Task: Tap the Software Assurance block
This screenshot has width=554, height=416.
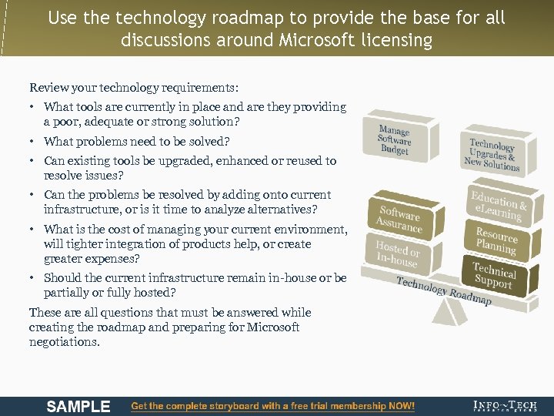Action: (399, 220)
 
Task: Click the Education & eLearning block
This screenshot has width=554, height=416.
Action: (499, 205)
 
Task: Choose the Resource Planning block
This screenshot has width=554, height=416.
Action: (496, 240)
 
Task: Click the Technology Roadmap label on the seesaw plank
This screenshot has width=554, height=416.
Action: (443, 290)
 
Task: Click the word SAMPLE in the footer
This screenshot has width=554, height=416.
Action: (78, 406)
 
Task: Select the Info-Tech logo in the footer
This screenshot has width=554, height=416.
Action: (505, 406)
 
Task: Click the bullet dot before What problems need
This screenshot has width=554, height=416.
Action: (34, 141)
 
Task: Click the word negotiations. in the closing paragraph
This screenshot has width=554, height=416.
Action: (64, 342)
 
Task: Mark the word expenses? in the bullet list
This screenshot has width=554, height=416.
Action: (114, 259)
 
